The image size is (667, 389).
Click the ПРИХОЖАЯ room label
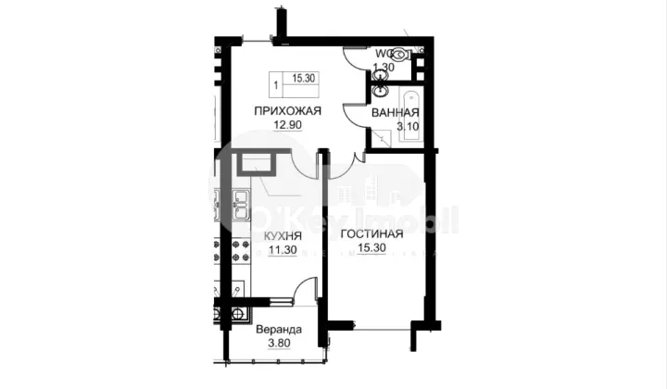[x=288, y=110]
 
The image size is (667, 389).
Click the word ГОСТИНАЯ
[x=371, y=233]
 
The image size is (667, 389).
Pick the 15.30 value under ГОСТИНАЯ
[x=371, y=248]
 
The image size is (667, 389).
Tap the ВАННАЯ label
[x=395, y=114]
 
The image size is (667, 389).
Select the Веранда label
[x=277, y=331]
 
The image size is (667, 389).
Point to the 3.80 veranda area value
[x=277, y=345]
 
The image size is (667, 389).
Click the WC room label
[x=385, y=53]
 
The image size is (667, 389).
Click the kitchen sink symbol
[x=239, y=206]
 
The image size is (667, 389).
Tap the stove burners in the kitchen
[x=238, y=250]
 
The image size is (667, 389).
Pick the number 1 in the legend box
[x=277, y=83]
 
